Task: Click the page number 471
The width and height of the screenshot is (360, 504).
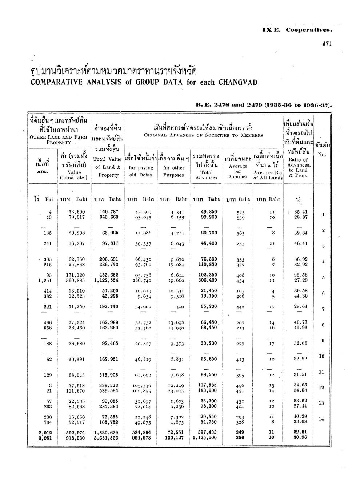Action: tap(327, 44)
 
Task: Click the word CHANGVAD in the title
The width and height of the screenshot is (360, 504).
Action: tap(238, 82)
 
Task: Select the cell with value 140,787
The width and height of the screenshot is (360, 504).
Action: tap(109, 212)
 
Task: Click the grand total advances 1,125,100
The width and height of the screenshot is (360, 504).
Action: tap(205, 438)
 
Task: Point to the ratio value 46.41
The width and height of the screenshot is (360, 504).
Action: tap(300, 243)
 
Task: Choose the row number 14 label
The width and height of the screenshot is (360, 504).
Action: tap(321, 419)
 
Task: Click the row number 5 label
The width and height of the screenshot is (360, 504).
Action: tap(323, 278)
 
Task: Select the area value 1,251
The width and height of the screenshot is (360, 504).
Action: tap(45, 280)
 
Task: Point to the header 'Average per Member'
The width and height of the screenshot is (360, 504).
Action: tap(238, 171)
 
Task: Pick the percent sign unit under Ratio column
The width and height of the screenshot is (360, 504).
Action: tap(298, 199)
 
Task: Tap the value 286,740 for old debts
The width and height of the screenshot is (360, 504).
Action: tap(141, 281)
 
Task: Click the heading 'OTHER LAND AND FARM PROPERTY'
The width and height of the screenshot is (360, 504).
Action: tap(59, 140)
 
